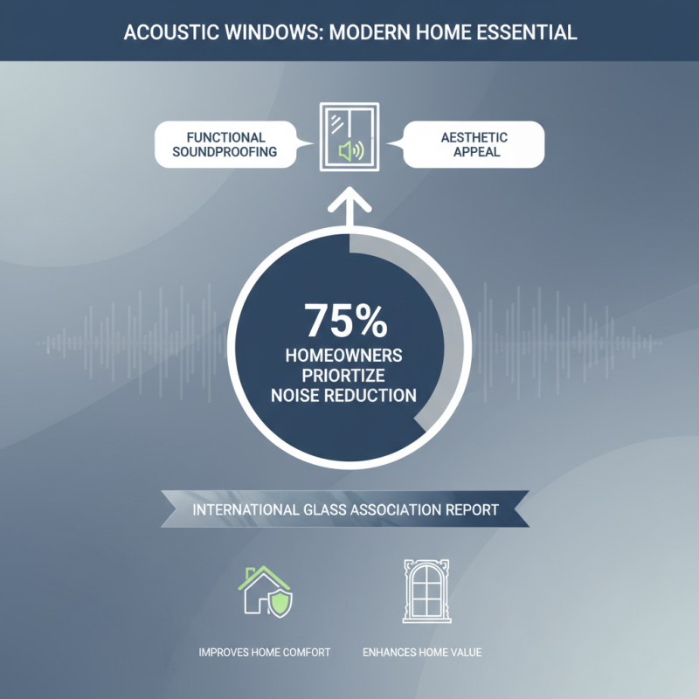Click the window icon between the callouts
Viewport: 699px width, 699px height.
pyautogui.click(x=349, y=135)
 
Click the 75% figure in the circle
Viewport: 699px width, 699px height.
pyautogui.click(x=346, y=322)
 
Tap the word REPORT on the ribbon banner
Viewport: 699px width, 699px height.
pyautogui.click(x=468, y=509)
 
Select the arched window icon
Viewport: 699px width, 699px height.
pyautogui.click(x=423, y=592)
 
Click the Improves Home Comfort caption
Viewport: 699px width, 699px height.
pyautogui.click(x=266, y=653)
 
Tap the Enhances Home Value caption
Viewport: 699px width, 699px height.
pyautogui.click(x=423, y=653)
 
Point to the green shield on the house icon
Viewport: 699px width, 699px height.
pyautogui.click(x=281, y=602)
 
